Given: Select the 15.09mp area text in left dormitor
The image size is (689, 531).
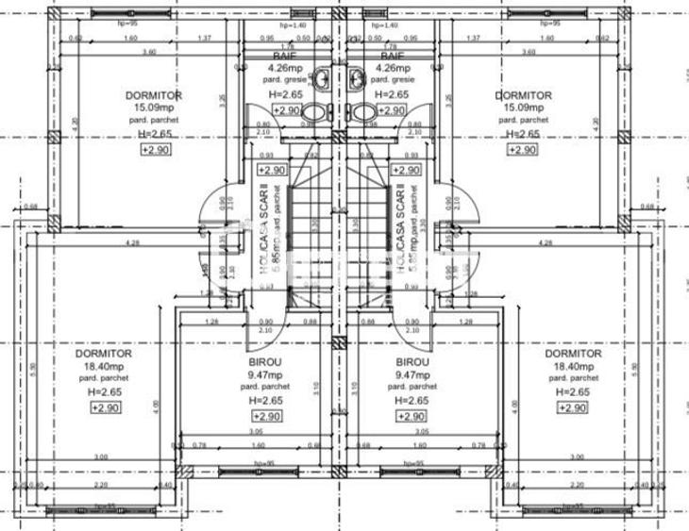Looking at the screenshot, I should click(153, 108).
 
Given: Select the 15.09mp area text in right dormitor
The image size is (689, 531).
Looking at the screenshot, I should click(523, 108).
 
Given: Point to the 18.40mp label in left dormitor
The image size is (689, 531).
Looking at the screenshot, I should click(104, 367).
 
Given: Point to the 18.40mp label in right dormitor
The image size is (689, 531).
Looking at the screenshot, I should click(573, 367).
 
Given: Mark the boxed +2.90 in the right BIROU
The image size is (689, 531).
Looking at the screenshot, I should click(412, 416).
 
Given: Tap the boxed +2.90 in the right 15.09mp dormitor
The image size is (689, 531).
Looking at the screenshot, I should click(523, 149).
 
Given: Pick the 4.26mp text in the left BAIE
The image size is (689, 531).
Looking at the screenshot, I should click(284, 69).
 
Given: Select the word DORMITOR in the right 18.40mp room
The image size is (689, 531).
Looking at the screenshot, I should click(573, 355).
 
